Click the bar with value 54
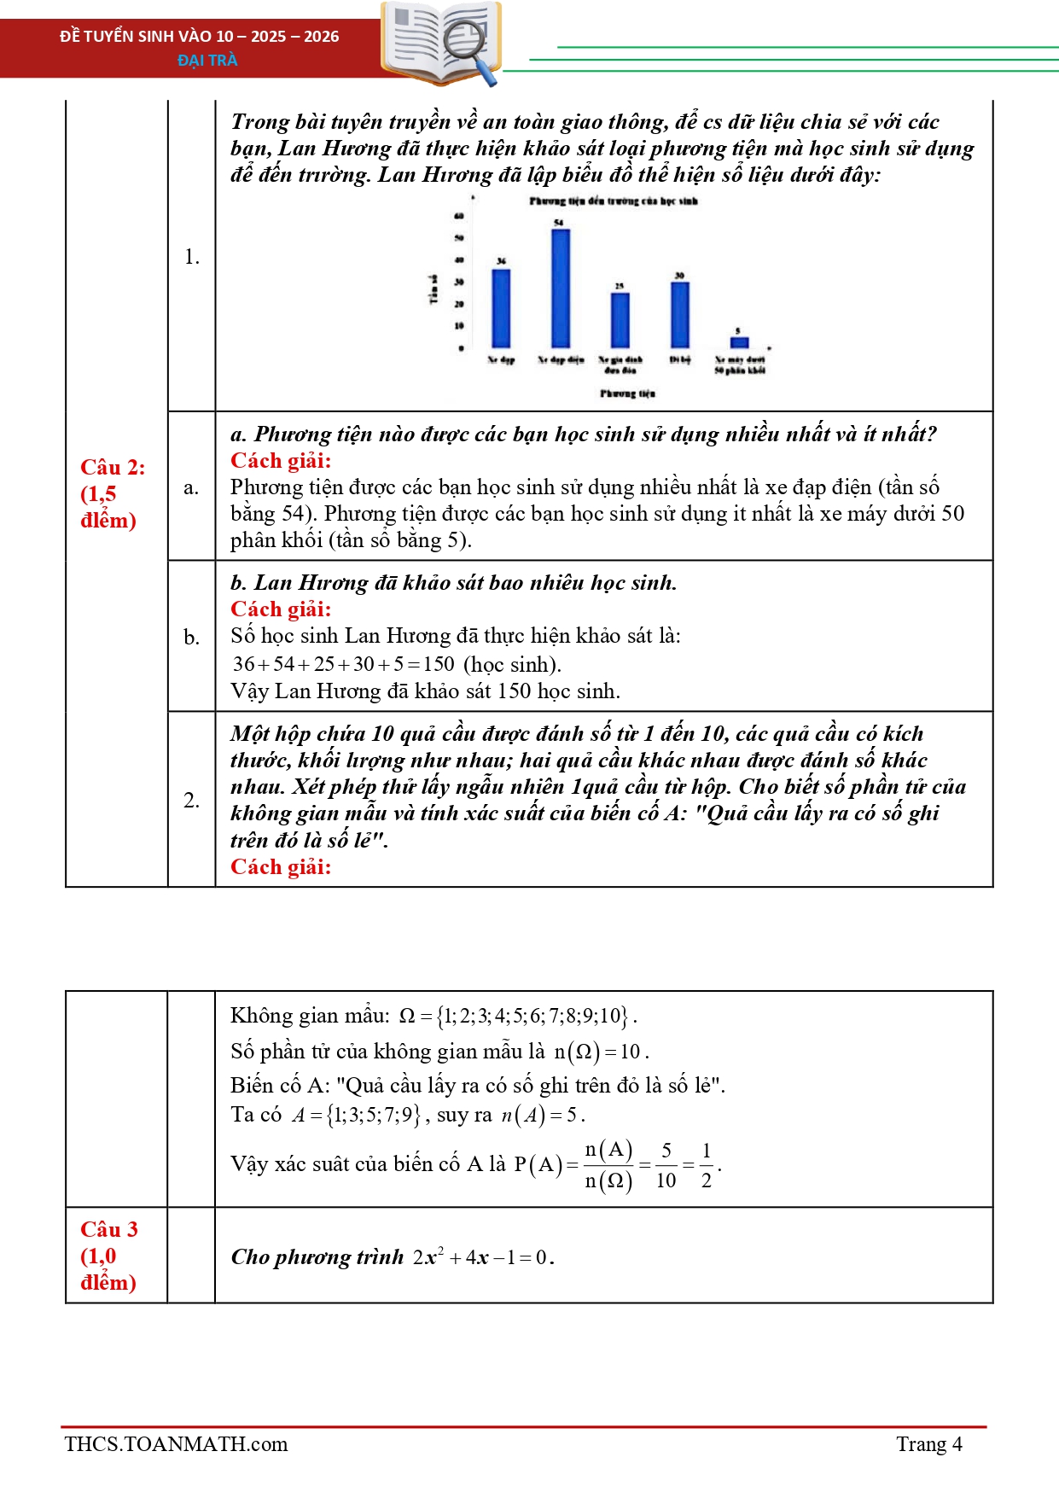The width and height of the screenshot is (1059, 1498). coord(561,288)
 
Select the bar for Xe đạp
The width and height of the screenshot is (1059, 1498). coord(501,308)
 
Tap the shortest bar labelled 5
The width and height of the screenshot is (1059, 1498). coord(739,342)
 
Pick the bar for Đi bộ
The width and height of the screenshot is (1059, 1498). coord(680,314)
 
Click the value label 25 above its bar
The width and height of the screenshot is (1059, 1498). coord(620,286)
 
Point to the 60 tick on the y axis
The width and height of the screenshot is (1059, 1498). coord(459,216)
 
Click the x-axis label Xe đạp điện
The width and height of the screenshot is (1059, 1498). coord(561,360)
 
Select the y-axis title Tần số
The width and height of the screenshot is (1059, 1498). coord(433,289)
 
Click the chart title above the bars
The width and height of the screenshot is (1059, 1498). coord(613,201)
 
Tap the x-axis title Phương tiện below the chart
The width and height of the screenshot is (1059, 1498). coord(627,393)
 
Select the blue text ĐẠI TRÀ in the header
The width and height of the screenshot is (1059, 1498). coord(207,60)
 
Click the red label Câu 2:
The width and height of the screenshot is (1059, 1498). coord(113,467)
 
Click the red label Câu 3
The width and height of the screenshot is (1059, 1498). coord(108,1229)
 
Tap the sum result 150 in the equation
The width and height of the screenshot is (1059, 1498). coord(439,664)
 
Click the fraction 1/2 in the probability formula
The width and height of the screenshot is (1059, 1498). coord(707,1165)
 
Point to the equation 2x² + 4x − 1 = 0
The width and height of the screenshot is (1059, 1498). coord(483,1257)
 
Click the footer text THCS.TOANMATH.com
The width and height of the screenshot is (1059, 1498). coord(176,1444)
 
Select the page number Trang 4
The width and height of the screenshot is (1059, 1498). coord(928,1444)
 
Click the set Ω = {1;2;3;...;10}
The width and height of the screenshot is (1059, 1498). coord(517,1016)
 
